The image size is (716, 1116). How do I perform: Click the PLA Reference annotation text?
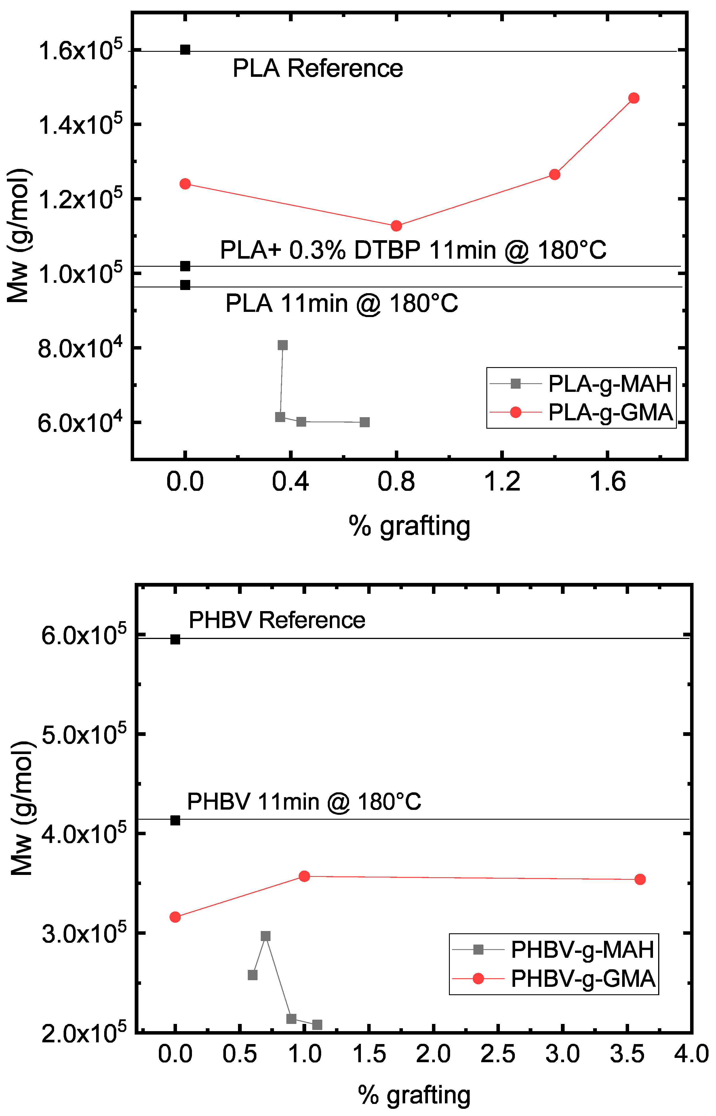317,68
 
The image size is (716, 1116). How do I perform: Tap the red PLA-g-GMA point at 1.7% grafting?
633,98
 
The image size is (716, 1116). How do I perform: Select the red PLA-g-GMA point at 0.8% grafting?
396,226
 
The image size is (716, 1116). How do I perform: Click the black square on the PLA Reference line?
185,50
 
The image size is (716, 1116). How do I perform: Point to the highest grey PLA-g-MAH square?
283,345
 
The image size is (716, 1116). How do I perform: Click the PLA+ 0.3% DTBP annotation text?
413,250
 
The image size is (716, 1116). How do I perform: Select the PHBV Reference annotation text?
277,620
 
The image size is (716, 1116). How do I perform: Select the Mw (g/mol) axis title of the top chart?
20,236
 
